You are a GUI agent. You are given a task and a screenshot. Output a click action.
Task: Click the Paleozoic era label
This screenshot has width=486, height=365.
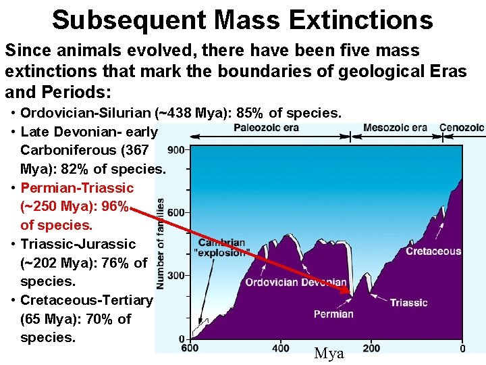[x=266, y=127]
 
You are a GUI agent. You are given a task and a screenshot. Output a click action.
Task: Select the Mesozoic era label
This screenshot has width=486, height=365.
[x=395, y=127]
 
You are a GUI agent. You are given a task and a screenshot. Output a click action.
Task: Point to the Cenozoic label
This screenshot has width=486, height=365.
[x=462, y=127]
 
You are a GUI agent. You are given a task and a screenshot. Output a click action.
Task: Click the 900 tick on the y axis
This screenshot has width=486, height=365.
[x=176, y=149]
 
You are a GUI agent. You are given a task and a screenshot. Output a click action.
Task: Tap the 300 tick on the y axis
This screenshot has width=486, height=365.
[x=176, y=276]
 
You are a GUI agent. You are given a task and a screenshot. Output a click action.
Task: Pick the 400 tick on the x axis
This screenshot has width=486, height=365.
[x=281, y=348]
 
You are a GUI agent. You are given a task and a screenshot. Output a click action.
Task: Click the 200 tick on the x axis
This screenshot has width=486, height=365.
[x=371, y=348]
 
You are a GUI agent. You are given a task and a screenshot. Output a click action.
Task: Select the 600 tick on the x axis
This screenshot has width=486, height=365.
[x=190, y=348]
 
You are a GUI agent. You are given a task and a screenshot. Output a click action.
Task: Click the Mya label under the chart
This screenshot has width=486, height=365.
[x=329, y=354]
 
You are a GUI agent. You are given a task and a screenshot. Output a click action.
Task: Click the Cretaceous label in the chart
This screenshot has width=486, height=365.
[x=433, y=251]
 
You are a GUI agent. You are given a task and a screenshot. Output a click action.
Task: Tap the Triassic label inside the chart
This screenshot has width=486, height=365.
[x=408, y=302]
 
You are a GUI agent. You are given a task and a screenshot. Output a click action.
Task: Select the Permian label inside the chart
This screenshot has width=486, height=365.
[x=333, y=314]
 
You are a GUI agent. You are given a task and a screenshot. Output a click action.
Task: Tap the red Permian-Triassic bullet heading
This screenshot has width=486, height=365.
[x=77, y=187]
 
